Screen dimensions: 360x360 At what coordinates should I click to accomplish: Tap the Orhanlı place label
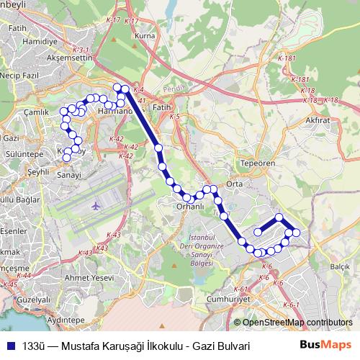click(x=191, y=207)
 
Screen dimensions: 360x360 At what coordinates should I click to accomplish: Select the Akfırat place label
click(x=317, y=120)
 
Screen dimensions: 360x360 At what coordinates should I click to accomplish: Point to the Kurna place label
click(x=145, y=35)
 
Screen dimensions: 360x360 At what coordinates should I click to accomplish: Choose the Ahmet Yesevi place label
click(x=89, y=277)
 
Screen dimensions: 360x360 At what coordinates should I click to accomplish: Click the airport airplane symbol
click(x=96, y=207)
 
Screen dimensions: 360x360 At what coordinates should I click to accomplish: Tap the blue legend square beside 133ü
click(x=10, y=346)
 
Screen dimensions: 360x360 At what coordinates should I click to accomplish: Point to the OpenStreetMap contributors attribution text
click(x=297, y=323)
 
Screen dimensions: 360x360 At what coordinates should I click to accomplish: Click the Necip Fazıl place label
click(x=21, y=74)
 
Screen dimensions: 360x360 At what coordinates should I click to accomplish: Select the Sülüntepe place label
click(x=24, y=154)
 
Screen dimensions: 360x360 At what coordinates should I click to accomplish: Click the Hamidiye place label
click(x=40, y=42)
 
